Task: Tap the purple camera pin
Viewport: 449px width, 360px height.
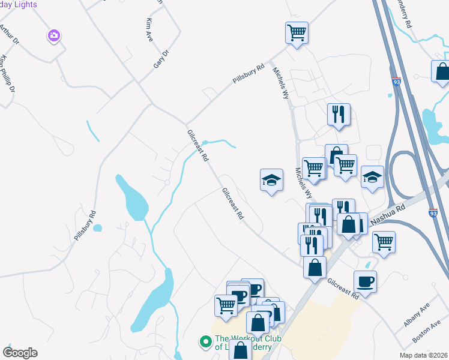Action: point(54,36)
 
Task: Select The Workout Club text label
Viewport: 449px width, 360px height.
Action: point(243,343)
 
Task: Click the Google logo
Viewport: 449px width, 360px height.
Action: point(20,353)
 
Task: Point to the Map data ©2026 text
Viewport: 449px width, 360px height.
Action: point(423,355)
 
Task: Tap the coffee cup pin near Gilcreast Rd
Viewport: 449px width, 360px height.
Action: point(365,281)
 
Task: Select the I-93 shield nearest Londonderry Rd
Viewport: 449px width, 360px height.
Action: point(396,80)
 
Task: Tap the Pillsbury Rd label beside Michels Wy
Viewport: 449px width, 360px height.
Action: point(249,74)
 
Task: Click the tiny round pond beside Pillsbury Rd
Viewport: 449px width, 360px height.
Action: point(97,228)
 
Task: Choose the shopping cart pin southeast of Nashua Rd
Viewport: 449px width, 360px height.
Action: point(384,243)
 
